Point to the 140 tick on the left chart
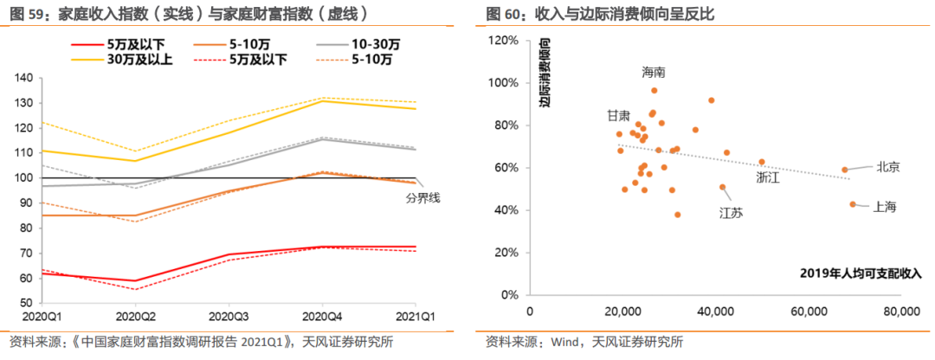point(24,78)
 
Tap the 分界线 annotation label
point(423,198)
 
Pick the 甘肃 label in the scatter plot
point(618,115)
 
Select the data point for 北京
point(845,170)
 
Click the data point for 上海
point(853,204)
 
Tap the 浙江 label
point(768,177)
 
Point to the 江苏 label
point(731,212)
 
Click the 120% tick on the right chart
point(503,41)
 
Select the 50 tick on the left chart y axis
point(27,303)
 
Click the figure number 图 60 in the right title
point(501,14)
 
